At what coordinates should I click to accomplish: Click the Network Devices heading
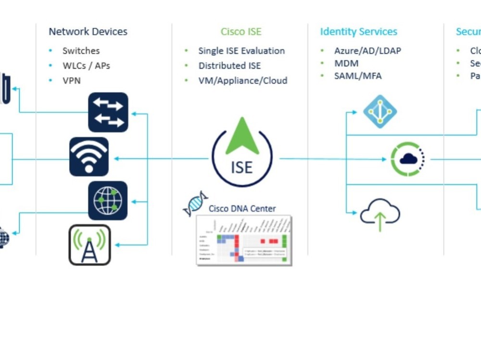pos(88,32)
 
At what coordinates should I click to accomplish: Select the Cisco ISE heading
pos(241,32)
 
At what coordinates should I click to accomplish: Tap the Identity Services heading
pos(358,32)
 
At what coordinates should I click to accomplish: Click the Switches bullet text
pos(81,50)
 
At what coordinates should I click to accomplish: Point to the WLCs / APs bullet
pos(86,65)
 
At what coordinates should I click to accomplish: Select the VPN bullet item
pos(71,80)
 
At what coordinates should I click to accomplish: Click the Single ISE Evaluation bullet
pos(241,50)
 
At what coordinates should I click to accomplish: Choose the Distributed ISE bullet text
pos(229,65)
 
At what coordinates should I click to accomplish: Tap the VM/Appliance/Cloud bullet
pos(242,80)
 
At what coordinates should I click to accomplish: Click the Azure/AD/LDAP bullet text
pos(367,50)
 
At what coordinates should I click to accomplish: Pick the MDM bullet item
pos(346,63)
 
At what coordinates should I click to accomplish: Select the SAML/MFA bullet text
pos(358,75)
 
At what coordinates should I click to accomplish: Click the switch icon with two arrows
pos(108,112)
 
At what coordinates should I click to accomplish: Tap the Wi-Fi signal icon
pos(89,157)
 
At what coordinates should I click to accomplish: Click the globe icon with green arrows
pos(108,200)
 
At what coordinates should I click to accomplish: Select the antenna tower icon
pos(90,245)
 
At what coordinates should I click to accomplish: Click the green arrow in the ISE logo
pos(242,137)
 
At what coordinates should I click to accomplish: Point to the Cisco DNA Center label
pos(242,209)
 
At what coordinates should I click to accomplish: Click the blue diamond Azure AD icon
pos(380,112)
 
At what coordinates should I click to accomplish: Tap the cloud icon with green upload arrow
pos(380,213)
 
